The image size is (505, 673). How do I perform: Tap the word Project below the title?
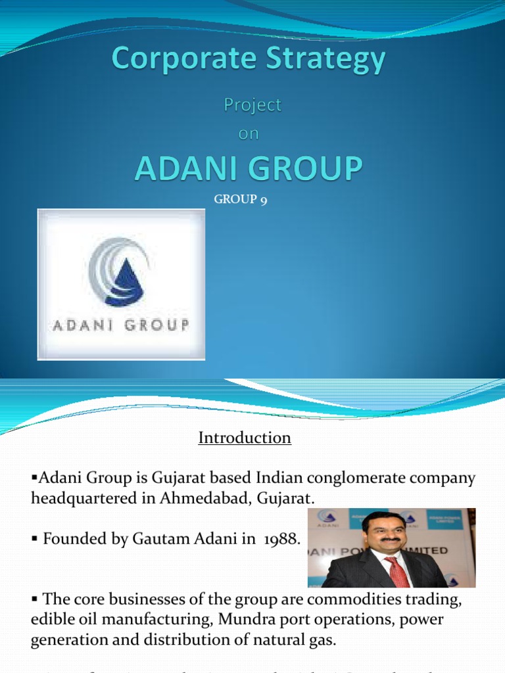tap(252, 105)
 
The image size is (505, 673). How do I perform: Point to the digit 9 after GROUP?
tap(263, 200)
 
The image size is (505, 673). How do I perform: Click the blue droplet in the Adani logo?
tap(129, 279)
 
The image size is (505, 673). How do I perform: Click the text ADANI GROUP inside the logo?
tap(120, 325)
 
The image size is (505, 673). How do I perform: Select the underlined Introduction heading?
tap(245, 438)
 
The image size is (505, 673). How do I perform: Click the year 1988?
tap(281, 540)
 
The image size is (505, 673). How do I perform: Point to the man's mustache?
tap(391, 540)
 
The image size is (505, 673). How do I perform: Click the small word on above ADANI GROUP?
tap(249, 133)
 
